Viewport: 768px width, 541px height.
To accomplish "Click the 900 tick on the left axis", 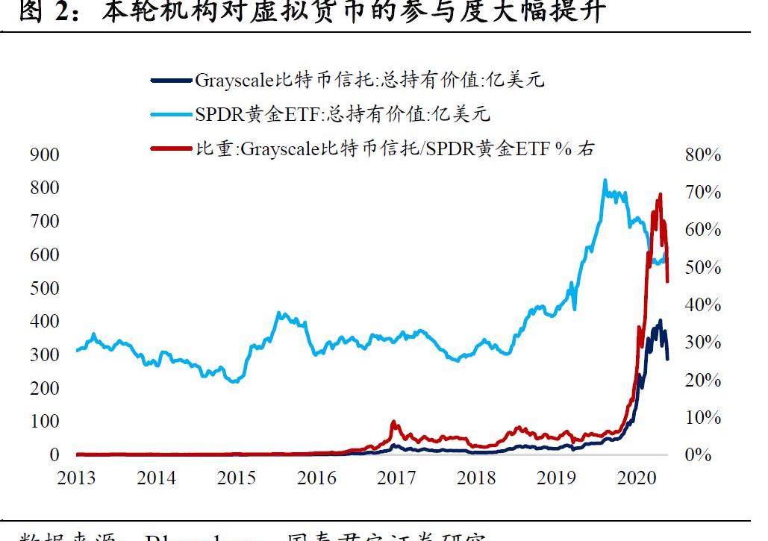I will [44, 154].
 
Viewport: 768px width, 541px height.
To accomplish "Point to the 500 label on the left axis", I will [44, 288].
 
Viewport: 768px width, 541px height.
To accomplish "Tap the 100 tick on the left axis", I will [44, 422].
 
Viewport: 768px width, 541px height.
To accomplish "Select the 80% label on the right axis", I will [702, 155].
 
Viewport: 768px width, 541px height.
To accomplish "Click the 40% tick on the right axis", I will [702, 305].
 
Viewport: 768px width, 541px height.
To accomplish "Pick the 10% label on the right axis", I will [702, 418].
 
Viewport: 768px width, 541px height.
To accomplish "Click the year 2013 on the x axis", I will [76, 478].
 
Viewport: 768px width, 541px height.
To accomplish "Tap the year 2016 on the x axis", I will [316, 478].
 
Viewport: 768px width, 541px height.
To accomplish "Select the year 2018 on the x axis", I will [476, 478].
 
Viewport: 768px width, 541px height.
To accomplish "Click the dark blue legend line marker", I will [172, 80].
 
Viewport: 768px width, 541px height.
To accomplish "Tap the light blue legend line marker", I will [172, 114].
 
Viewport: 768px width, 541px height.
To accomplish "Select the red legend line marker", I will [172, 148].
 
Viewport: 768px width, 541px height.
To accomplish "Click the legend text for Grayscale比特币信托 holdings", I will [369, 80].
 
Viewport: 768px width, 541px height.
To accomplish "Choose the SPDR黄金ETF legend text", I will [343, 114].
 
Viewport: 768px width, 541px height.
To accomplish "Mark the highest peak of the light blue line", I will [605, 180].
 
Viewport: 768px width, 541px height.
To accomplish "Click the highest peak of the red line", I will [660, 194].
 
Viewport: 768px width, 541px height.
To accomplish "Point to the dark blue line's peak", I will [659, 321].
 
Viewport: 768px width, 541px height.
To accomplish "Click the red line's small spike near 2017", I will [393, 422].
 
